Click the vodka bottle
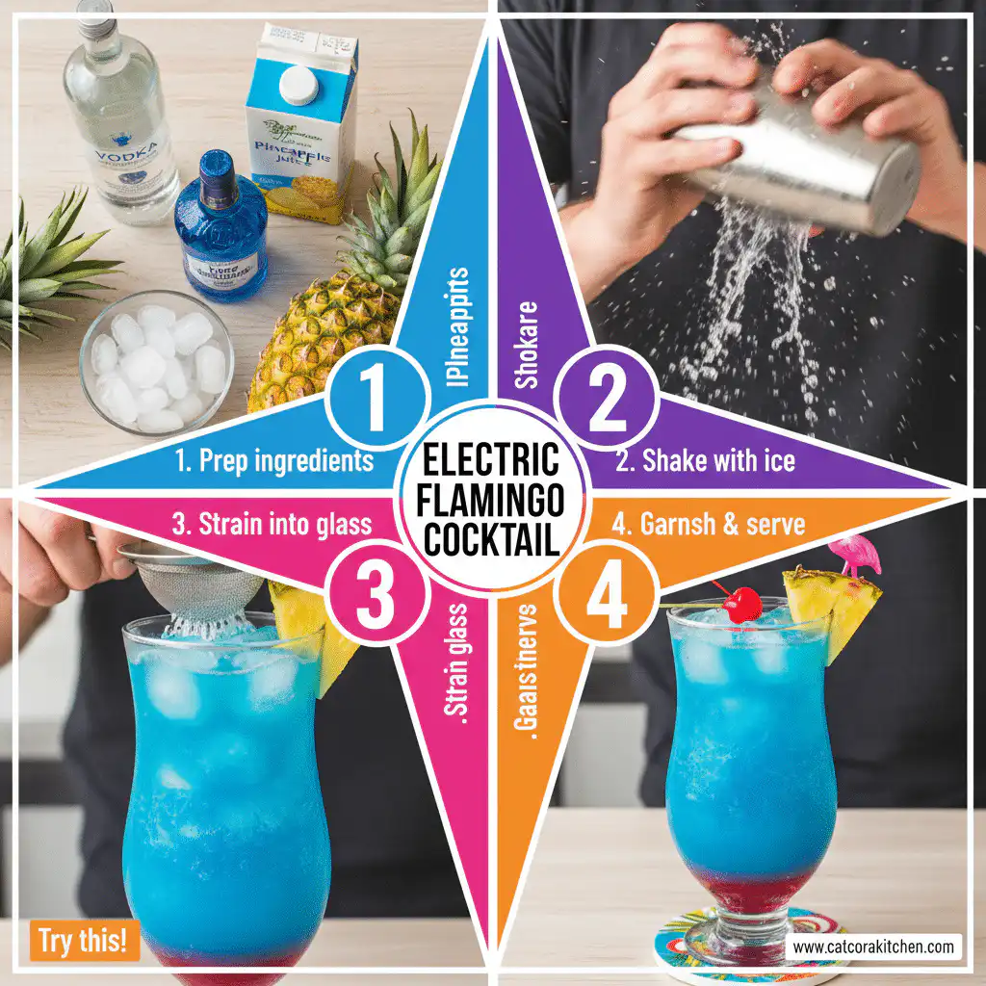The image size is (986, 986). point(120,116)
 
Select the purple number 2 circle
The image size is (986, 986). point(608,399)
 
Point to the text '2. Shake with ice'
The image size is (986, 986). point(705,460)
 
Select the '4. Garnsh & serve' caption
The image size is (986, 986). point(709,525)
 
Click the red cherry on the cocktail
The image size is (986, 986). point(742,605)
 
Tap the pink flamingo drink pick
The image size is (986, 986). point(854,556)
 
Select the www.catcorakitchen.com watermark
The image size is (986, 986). point(874,947)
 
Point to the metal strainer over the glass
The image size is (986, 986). point(193,583)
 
